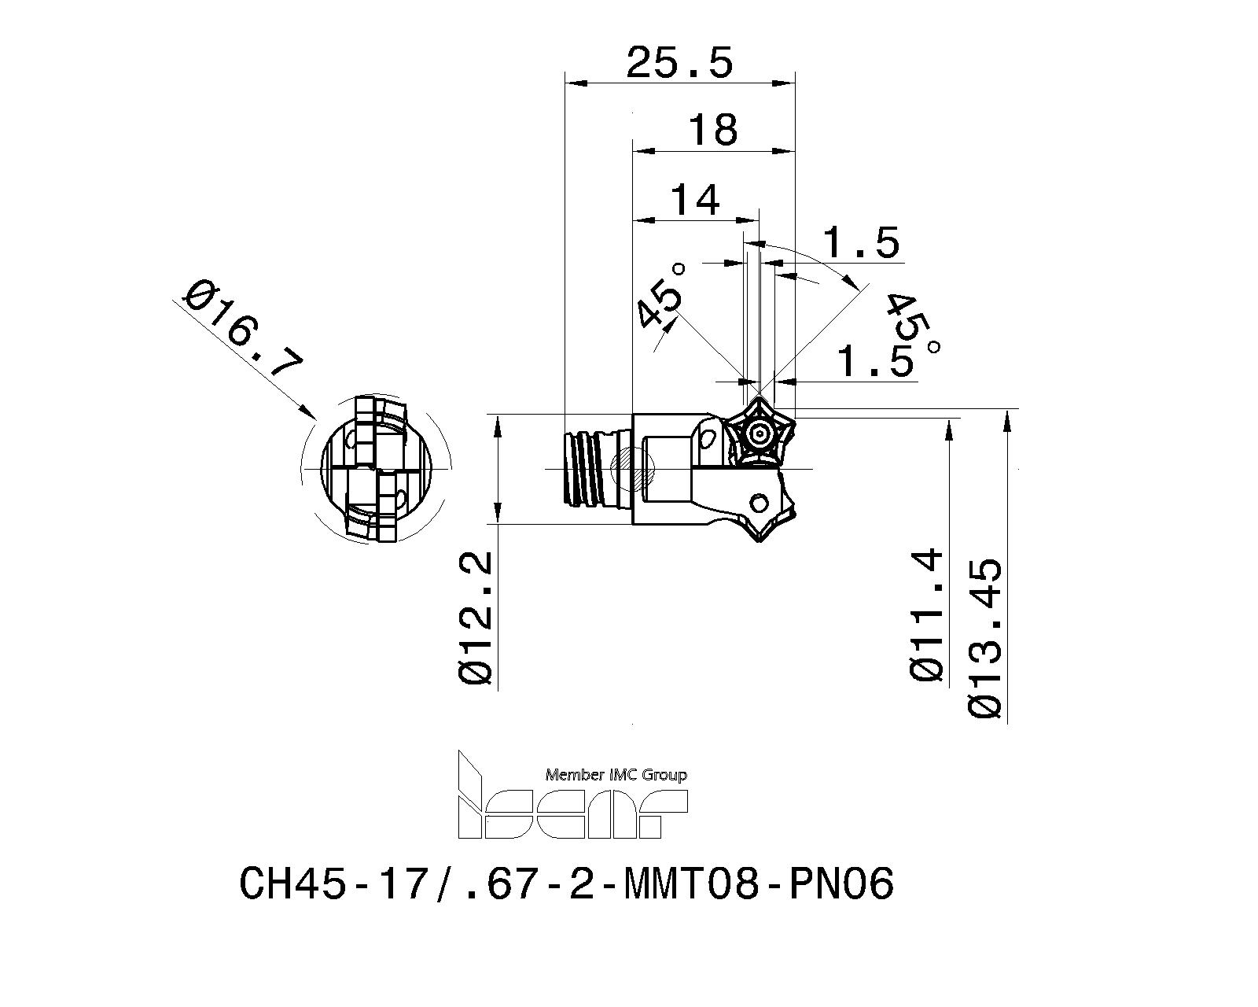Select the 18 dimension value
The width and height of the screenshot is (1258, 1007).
[712, 129]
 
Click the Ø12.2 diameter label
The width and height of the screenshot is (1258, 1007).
[476, 618]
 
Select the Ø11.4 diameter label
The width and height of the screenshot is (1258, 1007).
[926, 614]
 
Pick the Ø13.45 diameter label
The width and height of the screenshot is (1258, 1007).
[986, 637]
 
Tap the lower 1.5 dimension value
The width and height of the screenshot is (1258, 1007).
[874, 361]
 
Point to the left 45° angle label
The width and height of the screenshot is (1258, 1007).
[661, 295]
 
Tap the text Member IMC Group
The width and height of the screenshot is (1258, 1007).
[616, 775]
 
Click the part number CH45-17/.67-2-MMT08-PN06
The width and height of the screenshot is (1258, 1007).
[566, 883]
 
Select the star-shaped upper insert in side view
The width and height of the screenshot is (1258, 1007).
[760, 433]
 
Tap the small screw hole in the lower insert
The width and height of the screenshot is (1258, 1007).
[760, 502]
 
